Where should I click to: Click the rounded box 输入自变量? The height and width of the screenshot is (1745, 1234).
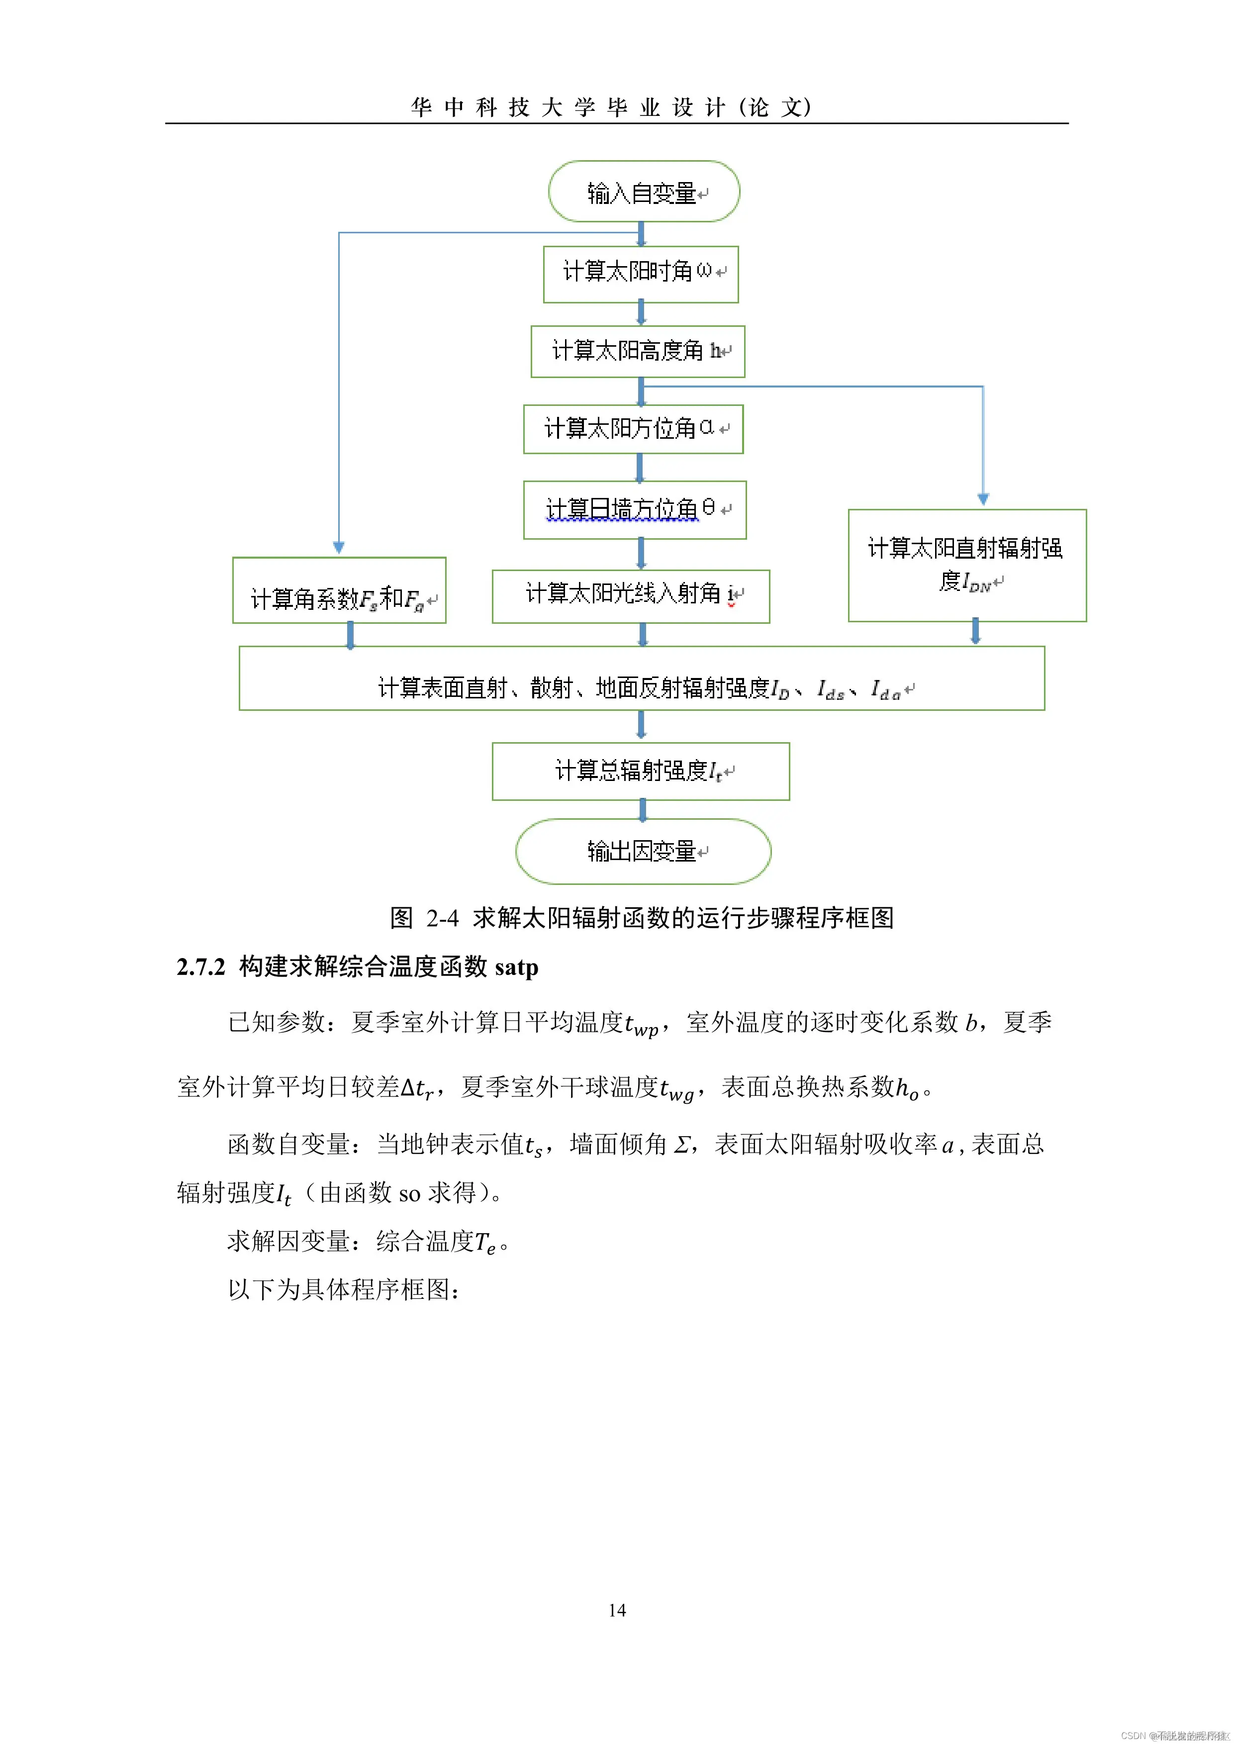pos(644,192)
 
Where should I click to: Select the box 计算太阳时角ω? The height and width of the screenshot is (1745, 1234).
pos(641,274)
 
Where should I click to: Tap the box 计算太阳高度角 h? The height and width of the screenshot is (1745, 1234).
pos(638,351)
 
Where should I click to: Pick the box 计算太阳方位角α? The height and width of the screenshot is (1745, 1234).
pos(633,429)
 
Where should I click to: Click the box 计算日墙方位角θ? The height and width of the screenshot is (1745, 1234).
pos(635,509)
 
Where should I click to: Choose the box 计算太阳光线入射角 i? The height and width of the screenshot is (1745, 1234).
pos(631,596)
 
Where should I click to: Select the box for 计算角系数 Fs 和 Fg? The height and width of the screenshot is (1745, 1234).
pos(339,590)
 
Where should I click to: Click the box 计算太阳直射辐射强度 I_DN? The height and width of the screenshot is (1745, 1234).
pos(966,566)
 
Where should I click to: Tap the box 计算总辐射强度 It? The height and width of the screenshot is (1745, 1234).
pos(641,771)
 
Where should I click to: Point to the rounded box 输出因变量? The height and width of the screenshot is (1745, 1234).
pos(643,851)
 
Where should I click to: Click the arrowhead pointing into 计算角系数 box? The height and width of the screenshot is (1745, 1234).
pos(339,547)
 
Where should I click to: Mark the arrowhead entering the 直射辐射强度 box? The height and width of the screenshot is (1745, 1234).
pos(982,499)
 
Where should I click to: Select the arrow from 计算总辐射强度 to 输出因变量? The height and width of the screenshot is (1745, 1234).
pos(643,809)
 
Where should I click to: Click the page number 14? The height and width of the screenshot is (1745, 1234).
pos(617,1610)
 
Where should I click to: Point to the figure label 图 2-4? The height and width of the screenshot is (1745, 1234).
pos(423,918)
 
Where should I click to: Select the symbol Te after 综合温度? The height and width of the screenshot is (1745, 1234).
pos(485,1242)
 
